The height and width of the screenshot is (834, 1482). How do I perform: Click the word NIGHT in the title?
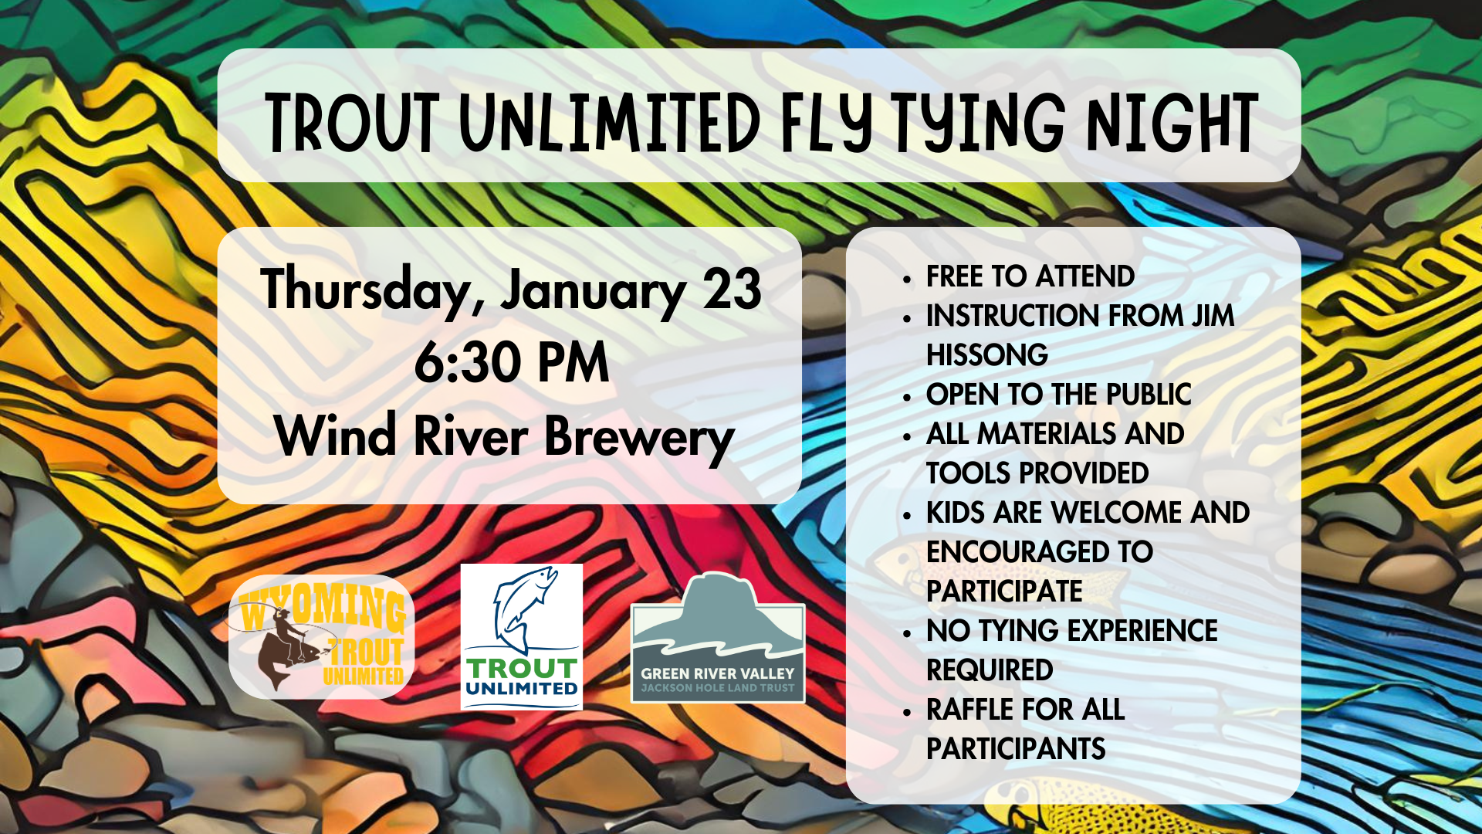1172,122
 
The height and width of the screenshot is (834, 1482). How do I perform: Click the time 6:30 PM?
512,362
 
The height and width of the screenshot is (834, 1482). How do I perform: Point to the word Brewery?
640,438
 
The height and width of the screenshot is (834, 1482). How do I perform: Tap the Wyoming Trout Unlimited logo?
322,636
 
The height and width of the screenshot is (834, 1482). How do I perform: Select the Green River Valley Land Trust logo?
718,638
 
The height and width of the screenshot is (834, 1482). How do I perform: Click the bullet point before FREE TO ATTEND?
908,278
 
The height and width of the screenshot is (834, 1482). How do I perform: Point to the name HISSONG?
987,355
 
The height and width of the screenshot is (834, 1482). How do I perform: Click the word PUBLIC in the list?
1149,395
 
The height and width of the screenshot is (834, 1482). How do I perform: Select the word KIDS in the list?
956,513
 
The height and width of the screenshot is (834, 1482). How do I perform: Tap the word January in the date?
593,291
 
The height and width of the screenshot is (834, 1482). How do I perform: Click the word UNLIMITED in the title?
611,122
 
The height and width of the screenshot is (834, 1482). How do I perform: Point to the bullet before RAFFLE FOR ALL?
908,711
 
